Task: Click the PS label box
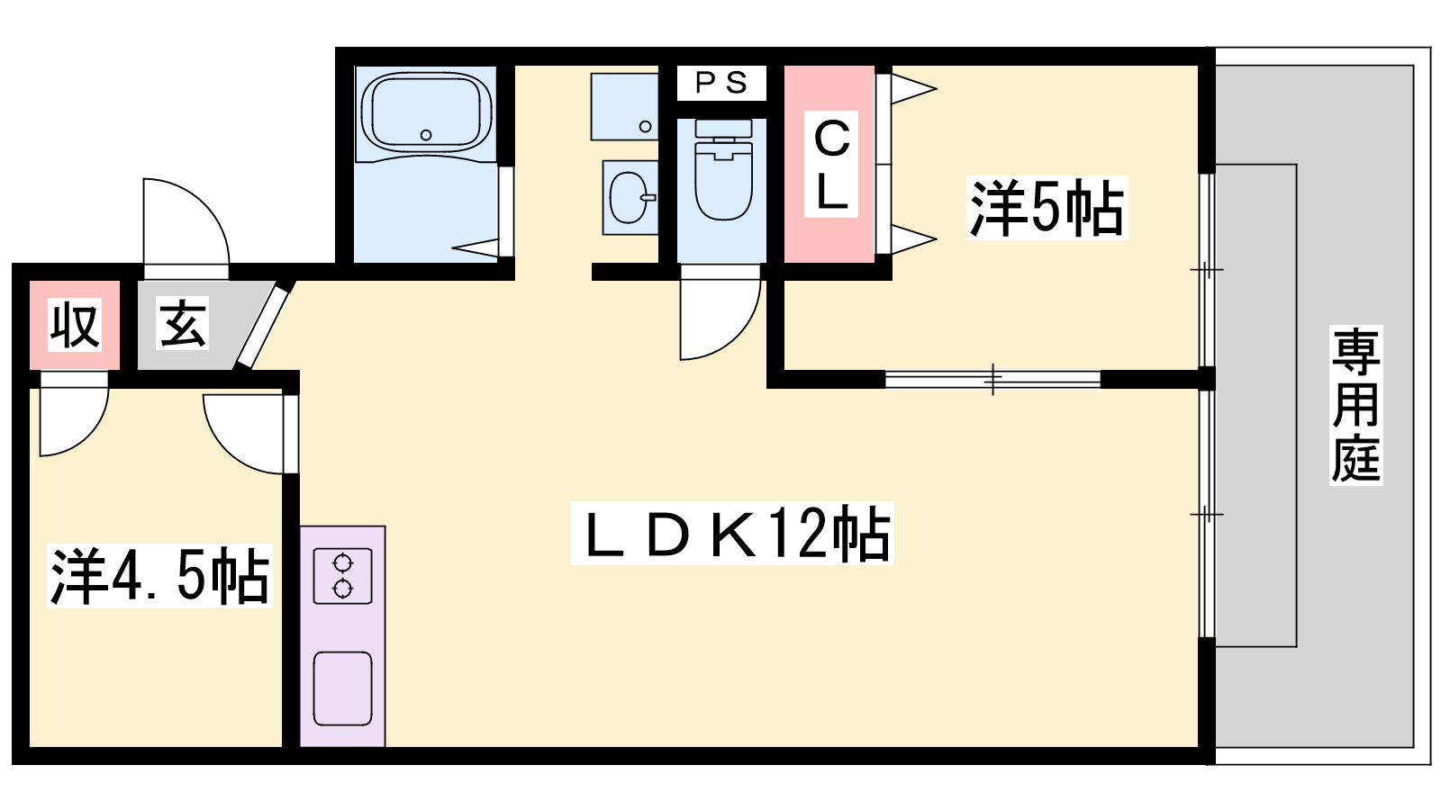(721, 83)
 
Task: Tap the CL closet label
(831, 165)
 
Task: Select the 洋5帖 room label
(1047, 209)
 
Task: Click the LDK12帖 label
(732, 534)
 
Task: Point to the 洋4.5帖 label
(159, 576)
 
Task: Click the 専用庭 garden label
(1355, 405)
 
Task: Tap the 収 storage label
(74, 325)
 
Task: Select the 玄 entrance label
(183, 323)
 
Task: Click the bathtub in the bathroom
(426, 112)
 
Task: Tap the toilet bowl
(723, 180)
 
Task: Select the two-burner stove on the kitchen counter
(342, 576)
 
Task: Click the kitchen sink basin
(342, 688)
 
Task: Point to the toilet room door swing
(716, 315)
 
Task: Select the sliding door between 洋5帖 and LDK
(992, 379)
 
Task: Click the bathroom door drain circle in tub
(426, 135)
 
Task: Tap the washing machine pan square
(624, 106)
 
